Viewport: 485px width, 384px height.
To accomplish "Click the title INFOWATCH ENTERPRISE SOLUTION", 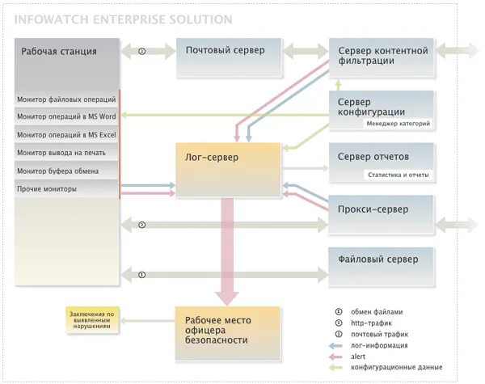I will (x=124, y=19).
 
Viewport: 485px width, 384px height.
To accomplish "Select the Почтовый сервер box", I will (x=226, y=51).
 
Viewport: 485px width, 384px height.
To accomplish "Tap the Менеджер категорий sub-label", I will (x=398, y=124).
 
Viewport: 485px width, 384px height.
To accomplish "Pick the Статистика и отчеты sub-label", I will (x=399, y=175).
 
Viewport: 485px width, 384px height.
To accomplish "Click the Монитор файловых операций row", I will (x=66, y=99).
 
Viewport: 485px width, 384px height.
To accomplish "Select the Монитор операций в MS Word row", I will (x=66, y=117).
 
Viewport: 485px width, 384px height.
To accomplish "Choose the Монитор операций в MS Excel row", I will (x=66, y=135).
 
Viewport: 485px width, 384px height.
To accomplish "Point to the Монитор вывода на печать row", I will (x=66, y=153).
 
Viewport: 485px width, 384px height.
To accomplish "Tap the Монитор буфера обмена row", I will (x=66, y=171).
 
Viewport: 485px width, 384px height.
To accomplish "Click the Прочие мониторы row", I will (x=66, y=189).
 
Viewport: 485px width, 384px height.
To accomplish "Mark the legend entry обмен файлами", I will (x=376, y=311).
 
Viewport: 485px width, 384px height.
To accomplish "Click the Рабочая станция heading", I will (x=60, y=52).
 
